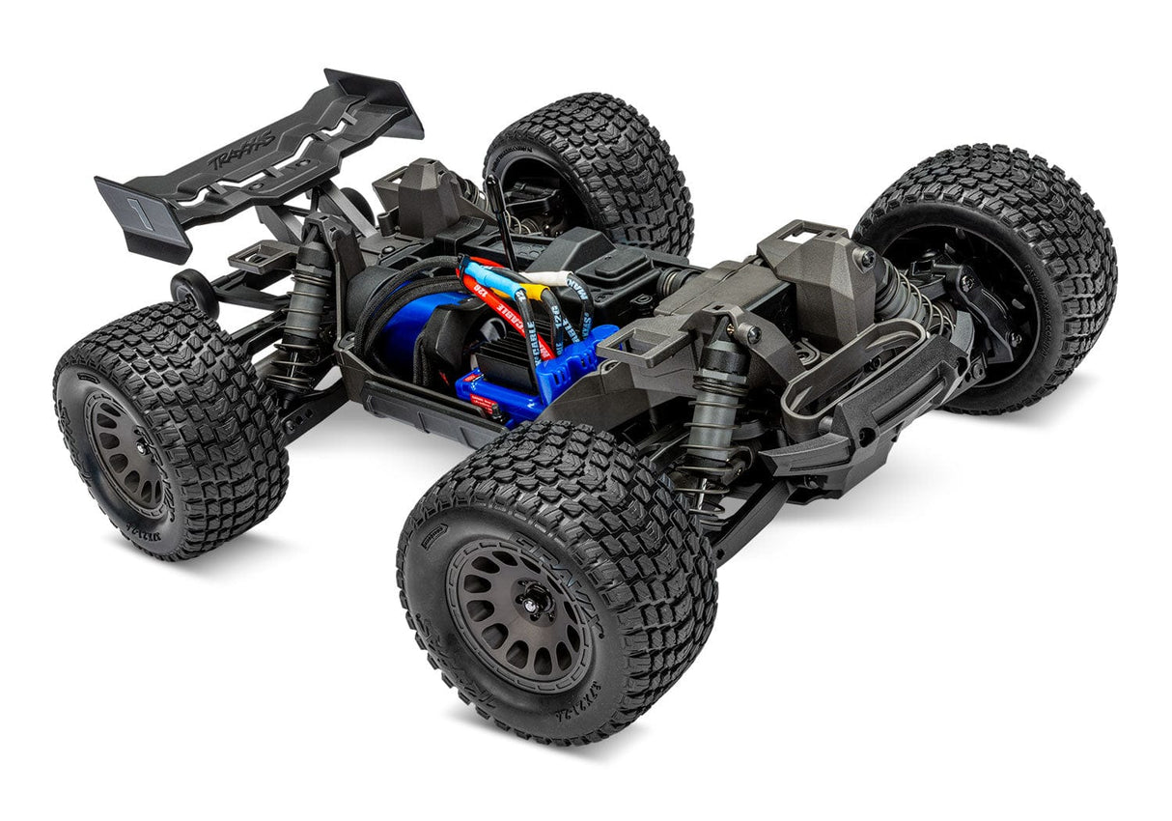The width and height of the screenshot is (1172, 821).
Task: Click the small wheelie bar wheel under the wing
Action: tap(188, 290)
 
